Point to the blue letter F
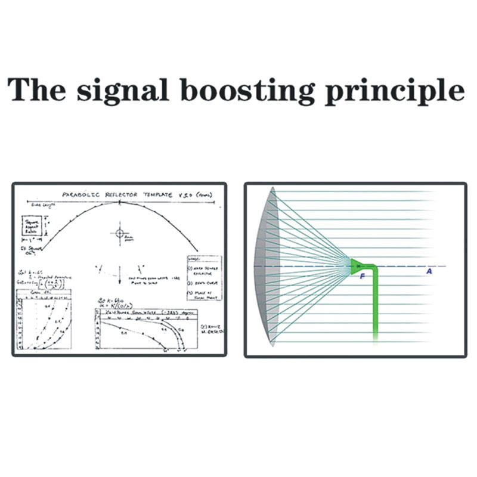(x=361, y=275)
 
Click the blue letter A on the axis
(x=429, y=271)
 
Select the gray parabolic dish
(x=267, y=265)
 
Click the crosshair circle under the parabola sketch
(x=119, y=233)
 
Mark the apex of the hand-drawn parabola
(x=119, y=203)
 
